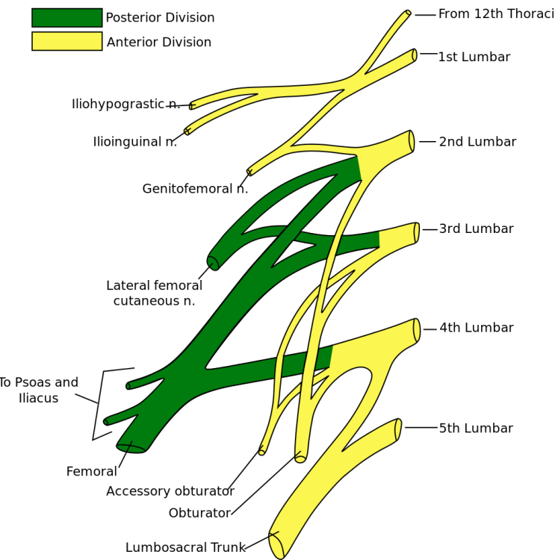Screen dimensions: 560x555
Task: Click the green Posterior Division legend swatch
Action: coord(66,18)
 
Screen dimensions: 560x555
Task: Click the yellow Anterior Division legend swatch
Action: coord(66,41)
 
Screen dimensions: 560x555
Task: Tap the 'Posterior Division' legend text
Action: coord(160,18)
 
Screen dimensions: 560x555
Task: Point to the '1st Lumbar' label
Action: coord(474,57)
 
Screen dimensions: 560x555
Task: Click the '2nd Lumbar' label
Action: coord(477,142)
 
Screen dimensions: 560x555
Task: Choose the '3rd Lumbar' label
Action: coord(476,229)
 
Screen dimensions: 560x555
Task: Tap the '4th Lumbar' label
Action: coord(476,328)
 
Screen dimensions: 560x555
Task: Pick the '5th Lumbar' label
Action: coord(476,429)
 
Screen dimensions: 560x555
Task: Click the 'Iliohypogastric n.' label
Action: coord(125,105)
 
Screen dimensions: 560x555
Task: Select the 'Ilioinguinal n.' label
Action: coord(134,142)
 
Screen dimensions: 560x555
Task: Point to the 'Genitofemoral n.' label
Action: coord(195,189)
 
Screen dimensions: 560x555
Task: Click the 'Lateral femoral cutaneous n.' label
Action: coord(154,293)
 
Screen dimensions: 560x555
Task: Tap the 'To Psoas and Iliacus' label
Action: coord(38,391)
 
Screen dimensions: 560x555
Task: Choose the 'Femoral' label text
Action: coord(91,472)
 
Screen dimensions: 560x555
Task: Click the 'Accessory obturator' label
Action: coord(170,491)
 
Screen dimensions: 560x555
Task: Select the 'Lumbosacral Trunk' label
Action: coord(185,548)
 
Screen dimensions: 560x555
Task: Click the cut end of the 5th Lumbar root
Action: coord(398,430)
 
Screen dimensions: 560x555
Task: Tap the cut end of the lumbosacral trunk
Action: coord(276,546)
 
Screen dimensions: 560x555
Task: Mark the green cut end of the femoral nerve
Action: coord(131,448)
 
